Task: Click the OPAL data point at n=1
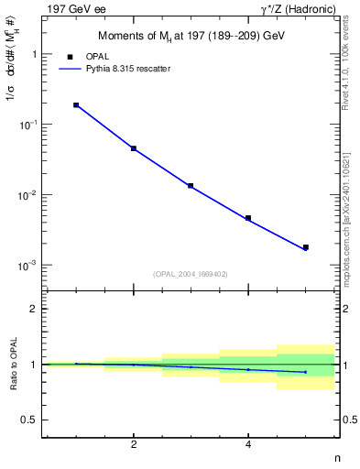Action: pyautogui.click(x=76, y=105)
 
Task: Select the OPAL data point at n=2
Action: pyautogui.click(x=134, y=148)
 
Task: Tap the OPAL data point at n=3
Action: pyautogui.click(x=191, y=186)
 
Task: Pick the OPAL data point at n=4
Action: pyautogui.click(x=248, y=218)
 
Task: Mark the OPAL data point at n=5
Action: pyautogui.click(x=306, y=247)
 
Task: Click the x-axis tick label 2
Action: pyautogui.click(x=134, y=445)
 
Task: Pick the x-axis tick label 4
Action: pyautogui.click(x=248, y=445)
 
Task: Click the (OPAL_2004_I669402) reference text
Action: pyautogui.click(x=190, y=273)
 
